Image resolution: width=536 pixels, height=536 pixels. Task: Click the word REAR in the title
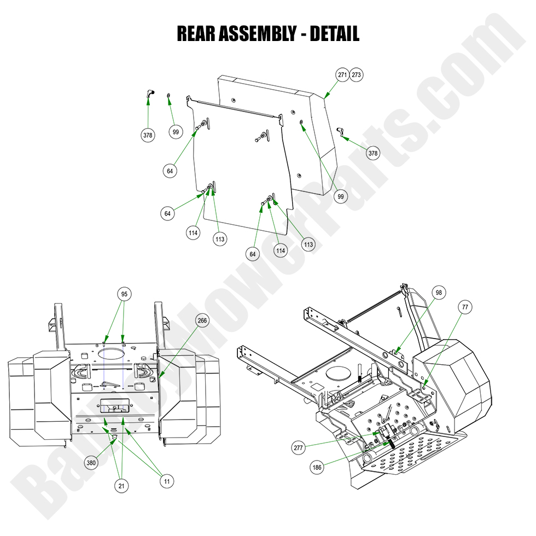(195, 34)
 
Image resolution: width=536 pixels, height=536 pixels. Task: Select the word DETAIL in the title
(334, 34)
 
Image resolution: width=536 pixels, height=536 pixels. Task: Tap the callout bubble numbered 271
(342, 75)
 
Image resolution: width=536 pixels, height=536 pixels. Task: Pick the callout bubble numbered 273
(356, 75)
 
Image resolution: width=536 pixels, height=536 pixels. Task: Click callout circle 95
(124, 294)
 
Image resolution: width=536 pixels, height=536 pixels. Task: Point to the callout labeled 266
(202, 321)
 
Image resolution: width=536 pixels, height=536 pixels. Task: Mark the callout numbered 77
(464, 307)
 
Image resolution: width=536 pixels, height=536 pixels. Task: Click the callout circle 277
(299, 447)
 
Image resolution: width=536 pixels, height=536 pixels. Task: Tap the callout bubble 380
(91, 463)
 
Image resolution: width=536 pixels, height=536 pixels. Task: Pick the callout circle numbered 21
(122, 486)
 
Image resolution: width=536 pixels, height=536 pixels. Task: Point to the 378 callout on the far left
(148, 135)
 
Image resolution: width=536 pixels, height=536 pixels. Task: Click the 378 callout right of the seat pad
(372, 153)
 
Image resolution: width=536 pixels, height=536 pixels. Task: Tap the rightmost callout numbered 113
(308, 244)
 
